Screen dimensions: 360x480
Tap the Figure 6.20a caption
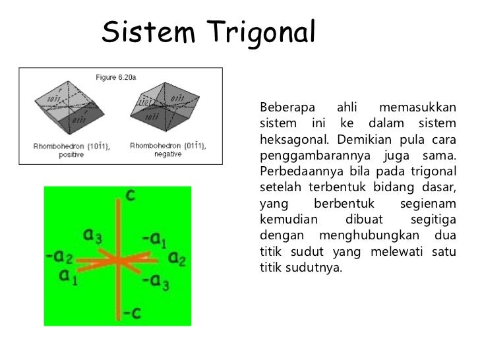[x=118, y=78]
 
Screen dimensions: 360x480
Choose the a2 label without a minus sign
[x=177, y=258]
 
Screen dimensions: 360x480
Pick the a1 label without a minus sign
[x=69, y=276]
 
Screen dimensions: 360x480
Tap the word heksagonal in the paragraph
[x=295, y=138]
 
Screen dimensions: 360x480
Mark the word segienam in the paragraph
[x=428, y=203]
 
